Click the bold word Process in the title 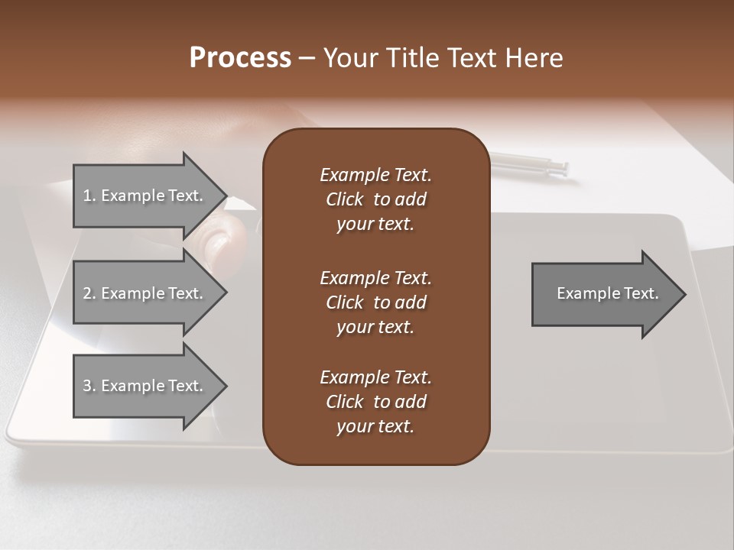tap(240, 58)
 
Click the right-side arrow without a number tap(604, 294)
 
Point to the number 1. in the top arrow tap(89, 196)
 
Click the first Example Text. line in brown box tap(375, 175)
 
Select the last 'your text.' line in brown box tap(375, 427)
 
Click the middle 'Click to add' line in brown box tap(375, 302)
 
